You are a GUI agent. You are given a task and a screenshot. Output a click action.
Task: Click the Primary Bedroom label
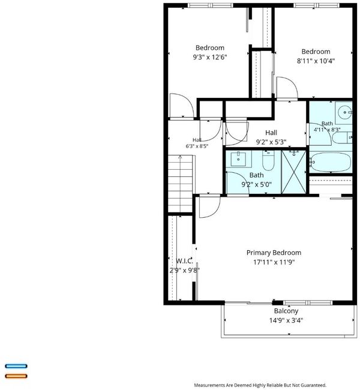pyautogui.click(x=274, y=253)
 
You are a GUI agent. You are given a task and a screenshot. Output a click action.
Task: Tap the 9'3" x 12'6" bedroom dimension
pyautogui.click(x=210, y=57)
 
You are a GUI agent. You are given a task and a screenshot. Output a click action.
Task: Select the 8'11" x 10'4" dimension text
pyautogui.click(x=316, y=61)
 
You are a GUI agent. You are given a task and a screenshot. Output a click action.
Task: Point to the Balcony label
pyautogui.click(x=286, y=311)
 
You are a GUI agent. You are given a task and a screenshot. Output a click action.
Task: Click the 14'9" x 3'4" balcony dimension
pyautogui.click(x=286, y=320)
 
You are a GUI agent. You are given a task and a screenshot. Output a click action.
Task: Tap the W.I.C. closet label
pyautogui.click(x=184, y=261)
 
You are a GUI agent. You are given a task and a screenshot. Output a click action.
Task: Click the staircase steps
pyautogui.click(x=181, y=184)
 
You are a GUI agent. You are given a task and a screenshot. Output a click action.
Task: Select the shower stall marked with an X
pyautogui.click(x=294, y=172)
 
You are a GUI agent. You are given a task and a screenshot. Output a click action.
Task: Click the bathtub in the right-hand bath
pyautogui.click(x=330, y=162)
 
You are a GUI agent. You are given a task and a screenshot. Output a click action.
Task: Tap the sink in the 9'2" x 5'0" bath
pyautogui.click(x=238, y=159)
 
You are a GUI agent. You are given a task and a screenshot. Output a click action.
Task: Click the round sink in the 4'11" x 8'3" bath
pyautogui.click(x=344, y=112)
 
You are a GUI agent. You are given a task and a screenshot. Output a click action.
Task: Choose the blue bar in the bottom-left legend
pyautogui.click(x=16, y=366)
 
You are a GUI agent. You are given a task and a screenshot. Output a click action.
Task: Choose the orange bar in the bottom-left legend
pyautogui.click(x=16, y=376)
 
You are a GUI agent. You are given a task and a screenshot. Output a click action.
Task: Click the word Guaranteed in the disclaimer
pyautogui.click(x=314, y=385)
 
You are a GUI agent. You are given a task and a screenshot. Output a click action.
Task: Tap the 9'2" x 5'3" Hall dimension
pyautogui.click(x=271, y=142)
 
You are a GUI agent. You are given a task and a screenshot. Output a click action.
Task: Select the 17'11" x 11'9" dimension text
pyautogui.click(x=274, y=262)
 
